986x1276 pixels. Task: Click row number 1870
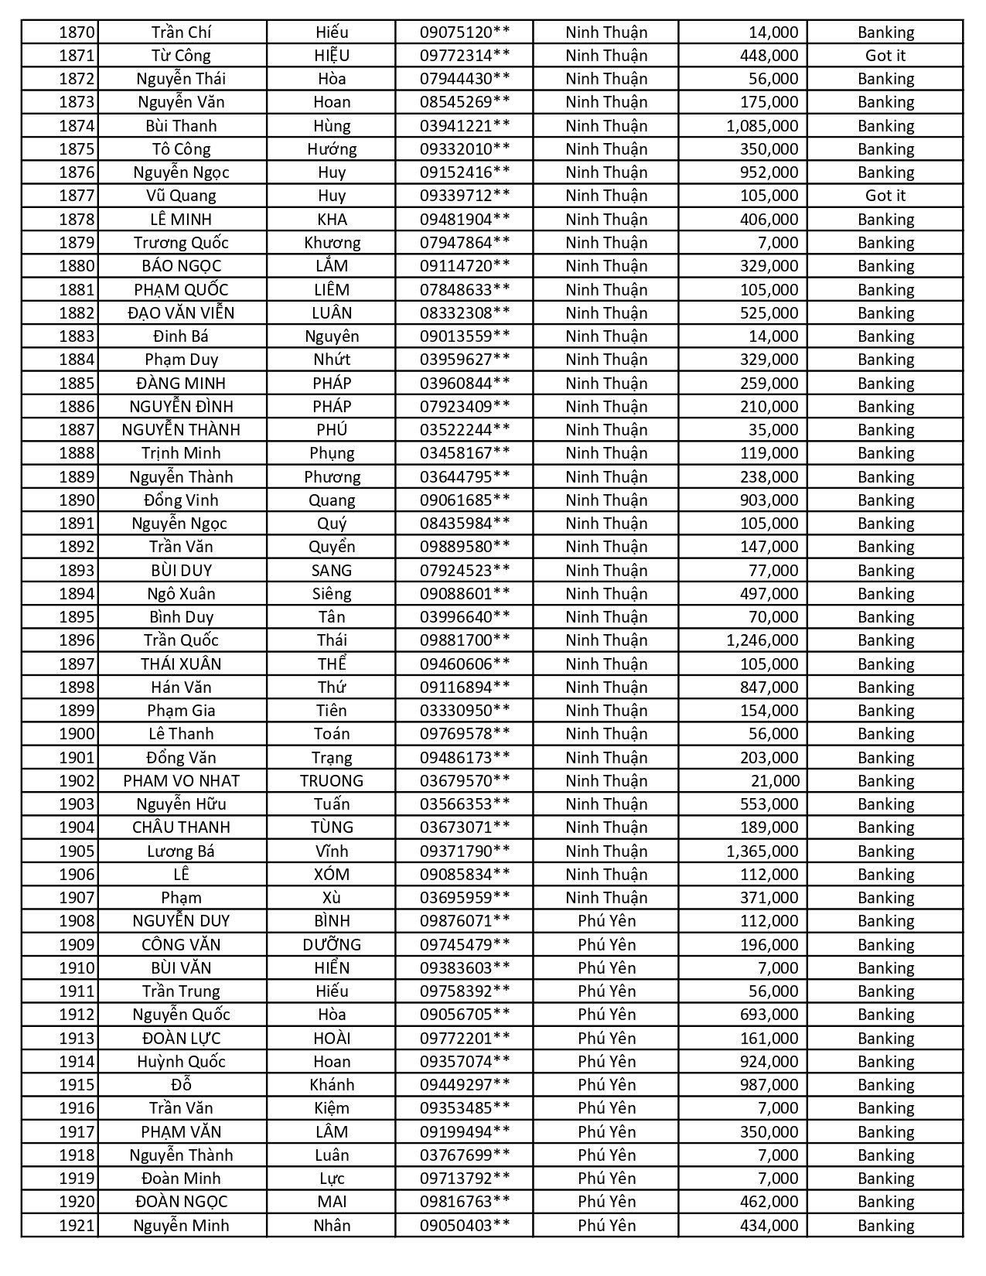coord(77,32)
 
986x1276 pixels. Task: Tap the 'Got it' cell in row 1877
coord(885,196)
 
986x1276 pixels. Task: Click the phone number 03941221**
coord(465,126)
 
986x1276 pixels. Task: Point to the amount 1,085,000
coord(762,126)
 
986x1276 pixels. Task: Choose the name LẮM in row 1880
coord(332,266)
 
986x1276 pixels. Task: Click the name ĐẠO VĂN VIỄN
coord(181,313)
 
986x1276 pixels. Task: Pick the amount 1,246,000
coord(762,640)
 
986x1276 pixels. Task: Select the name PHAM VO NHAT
coord(181,781)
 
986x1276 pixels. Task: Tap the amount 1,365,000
coord(762,851)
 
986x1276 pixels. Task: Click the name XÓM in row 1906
coord(332,875)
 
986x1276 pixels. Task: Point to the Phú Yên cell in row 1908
coord(606,921)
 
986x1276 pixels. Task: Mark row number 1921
coord(77,1226)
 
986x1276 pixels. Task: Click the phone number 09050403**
coord(465,1226)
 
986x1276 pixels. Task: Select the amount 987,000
coord(769,1085)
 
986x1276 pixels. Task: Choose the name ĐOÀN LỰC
coord(181,1039)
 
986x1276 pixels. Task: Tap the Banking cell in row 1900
coord(885,734)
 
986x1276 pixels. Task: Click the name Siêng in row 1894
coord(332,594)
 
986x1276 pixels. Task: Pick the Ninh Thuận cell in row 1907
coord(606,898)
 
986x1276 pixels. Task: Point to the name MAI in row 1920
coord(332,1202)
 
